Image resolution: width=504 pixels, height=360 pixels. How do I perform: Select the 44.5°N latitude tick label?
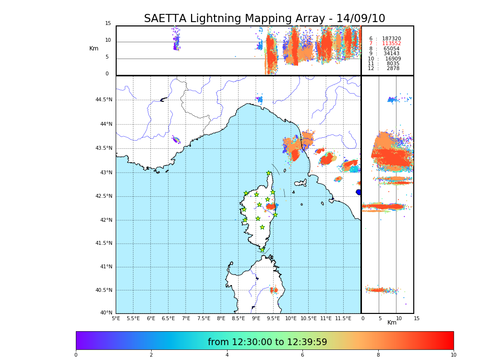click(104, 100)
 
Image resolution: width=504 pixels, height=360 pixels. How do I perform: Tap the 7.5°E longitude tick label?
click(203, 318)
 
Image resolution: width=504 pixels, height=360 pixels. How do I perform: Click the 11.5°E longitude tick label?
click(343, 318)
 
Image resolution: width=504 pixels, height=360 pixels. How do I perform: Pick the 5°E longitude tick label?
click(116, 318)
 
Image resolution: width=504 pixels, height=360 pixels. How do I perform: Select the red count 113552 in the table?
click(391, 44)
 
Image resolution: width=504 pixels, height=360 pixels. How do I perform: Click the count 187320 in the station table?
click(391, 38)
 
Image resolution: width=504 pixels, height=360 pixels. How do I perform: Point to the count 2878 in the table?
click(393, 69)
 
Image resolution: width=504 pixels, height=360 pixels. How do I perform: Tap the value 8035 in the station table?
click(393, 63)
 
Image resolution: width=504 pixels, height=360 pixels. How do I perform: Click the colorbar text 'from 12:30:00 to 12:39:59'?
click(267, 342)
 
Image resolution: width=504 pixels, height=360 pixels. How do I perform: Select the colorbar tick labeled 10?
click(453, 355)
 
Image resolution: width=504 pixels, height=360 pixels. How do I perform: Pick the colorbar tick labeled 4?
click(227, 355)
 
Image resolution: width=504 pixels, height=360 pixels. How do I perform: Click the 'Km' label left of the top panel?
click(94, 48)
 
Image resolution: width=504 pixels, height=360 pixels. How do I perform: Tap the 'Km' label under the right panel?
click(392, 323)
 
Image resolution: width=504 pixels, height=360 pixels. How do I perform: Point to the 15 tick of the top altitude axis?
click(108, 24)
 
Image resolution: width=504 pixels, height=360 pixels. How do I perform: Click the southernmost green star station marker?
click(262, 250)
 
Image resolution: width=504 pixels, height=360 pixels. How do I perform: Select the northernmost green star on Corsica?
click(269, 173)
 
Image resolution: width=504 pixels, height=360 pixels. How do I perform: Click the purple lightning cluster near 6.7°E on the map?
click(176, 140)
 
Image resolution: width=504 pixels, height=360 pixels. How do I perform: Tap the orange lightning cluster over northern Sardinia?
click(274, 290)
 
